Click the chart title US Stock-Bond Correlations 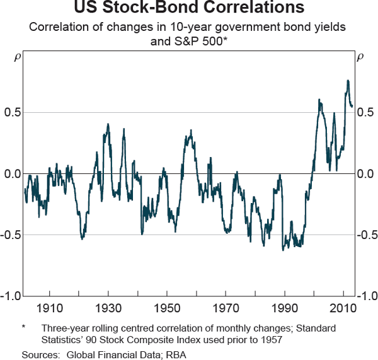(x=188, y=9)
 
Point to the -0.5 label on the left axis (x=11, y=235)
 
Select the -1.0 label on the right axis (x=366, y=296)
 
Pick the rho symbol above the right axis (x=360, y=57)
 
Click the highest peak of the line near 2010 (x=347, y=81)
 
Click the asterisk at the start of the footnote (x=23, y=328)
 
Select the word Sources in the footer (x=39, y=354)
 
